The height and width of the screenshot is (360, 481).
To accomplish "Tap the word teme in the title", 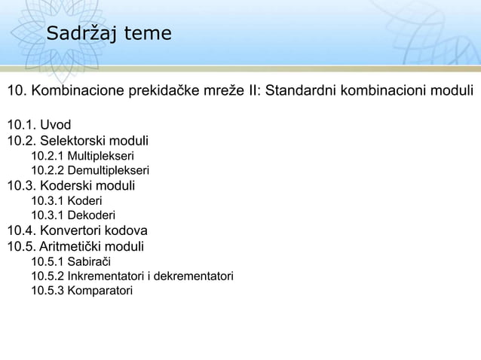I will coord(149,35).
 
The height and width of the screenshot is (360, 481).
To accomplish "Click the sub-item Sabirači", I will coord(89,261).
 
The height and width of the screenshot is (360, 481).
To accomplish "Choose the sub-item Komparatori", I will coord(100,291).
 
